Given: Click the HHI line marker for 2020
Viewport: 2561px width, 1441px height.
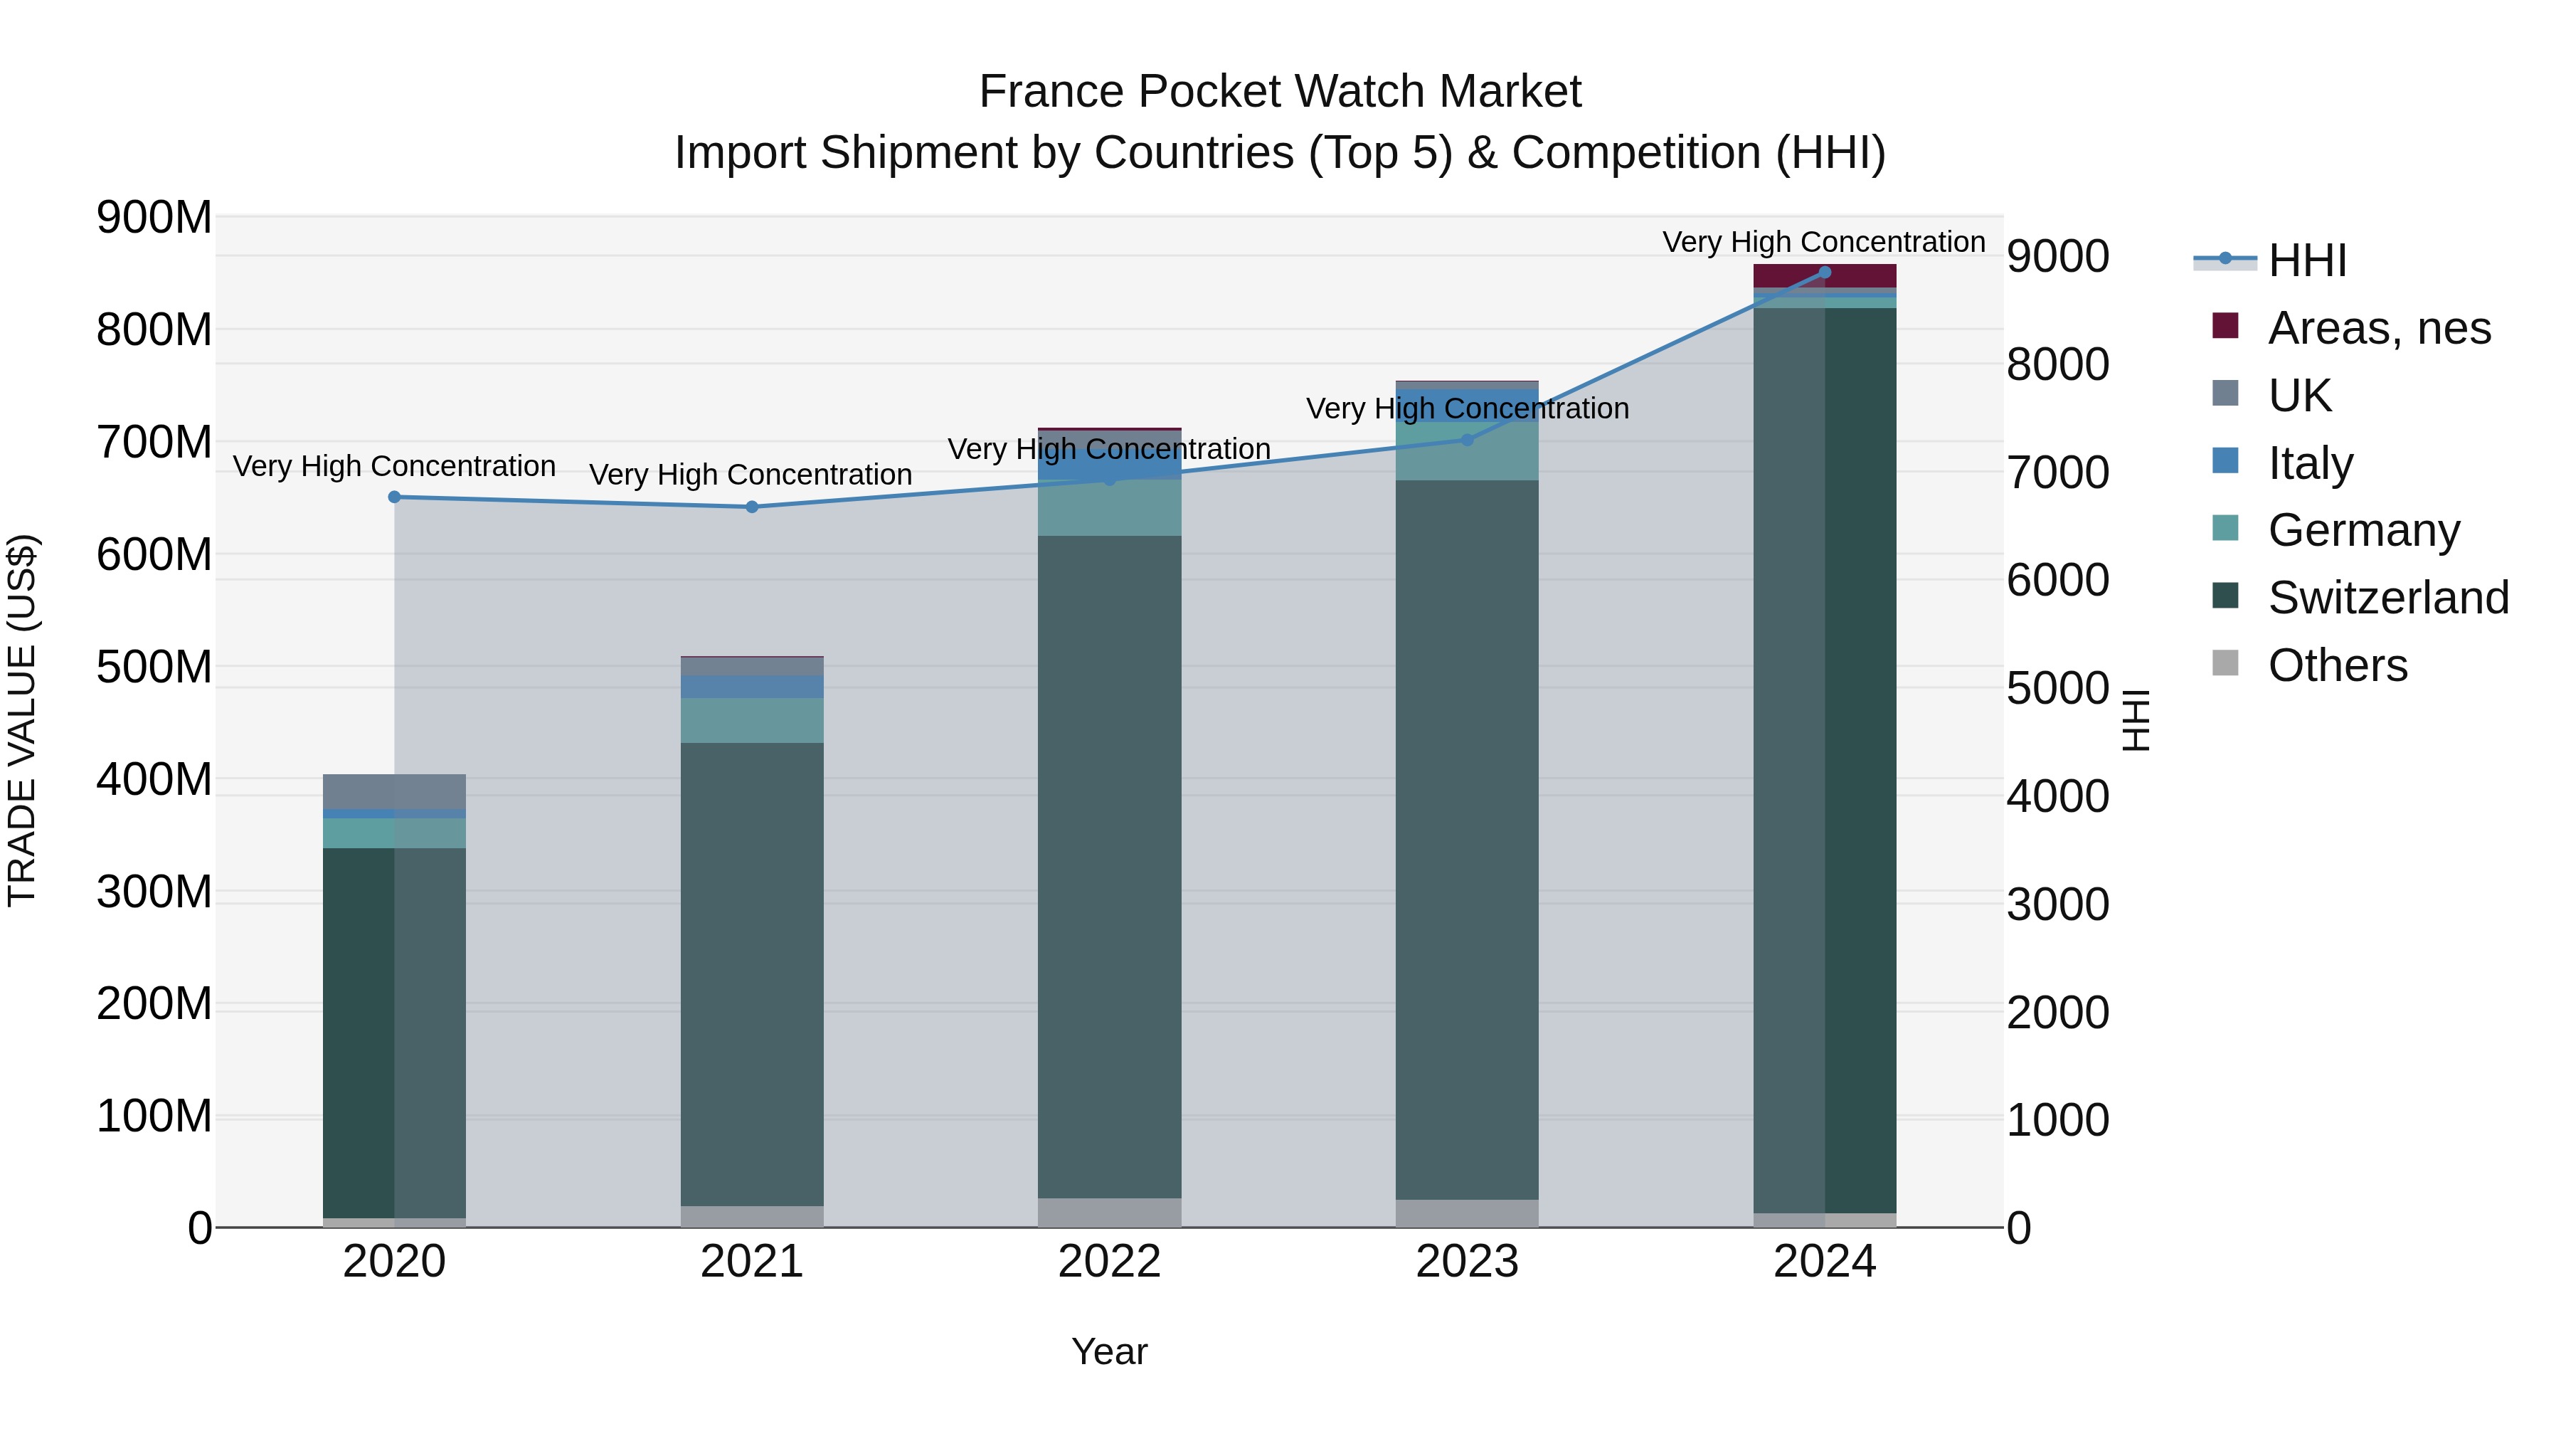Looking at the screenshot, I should pyautogui.click(x=395, y=497).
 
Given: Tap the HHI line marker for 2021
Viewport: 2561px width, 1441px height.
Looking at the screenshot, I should pyautogui.click(x=752, y=507).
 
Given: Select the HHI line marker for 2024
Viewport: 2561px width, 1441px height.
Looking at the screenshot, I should pyautogui.click(x=1824, y=273).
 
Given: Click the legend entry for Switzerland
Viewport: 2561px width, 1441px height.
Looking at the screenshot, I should pyautogui.click(x=2387, y=598).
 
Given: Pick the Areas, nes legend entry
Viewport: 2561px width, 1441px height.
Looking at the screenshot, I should pyautogui.click(x=2378, y=328).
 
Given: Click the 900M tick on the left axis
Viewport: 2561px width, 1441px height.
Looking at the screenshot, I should pyautogui.click(x=154, y=217).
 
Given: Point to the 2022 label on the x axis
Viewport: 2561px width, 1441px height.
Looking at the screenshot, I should pyautogui.click(x=1110, y=1262).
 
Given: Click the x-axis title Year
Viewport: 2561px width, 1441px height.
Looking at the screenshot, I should pyautogui.click(x=1110, y=1351).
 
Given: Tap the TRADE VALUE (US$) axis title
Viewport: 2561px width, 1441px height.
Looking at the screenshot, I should pyautogui.click(x=22, y=720).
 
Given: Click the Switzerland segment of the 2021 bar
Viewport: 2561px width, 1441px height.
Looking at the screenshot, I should pyautogui.click(x=752, y=975).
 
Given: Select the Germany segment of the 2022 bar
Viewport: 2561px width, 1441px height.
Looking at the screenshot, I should pyautogui.click(x=1110, y=508).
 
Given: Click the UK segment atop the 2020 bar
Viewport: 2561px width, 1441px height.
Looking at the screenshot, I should pyautogui.click(x=395, y=791).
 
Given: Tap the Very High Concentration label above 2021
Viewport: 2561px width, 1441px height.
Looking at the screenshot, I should pyautogui.click(x=751, y=475).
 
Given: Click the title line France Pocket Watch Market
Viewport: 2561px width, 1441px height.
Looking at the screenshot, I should pyautogui.click(x=1280, y=92).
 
